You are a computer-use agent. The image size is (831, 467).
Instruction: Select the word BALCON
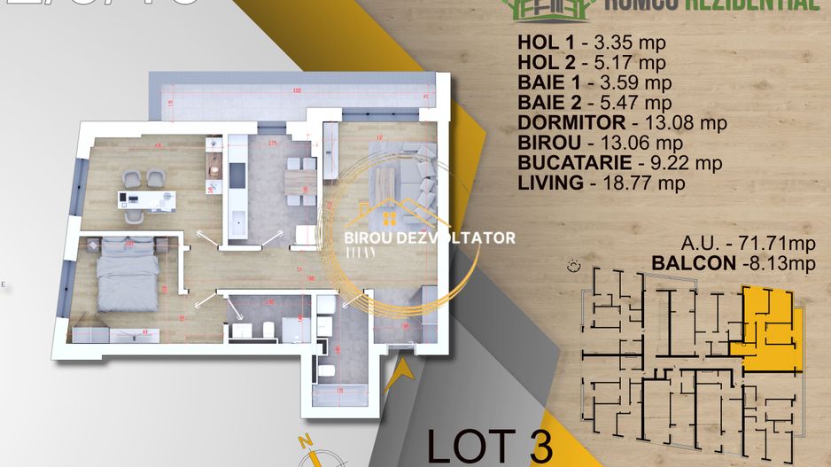pos(692,263)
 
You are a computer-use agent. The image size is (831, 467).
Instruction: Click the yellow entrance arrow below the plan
pos(400,373)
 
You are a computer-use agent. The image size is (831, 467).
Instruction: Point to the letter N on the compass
pos(304,441)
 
